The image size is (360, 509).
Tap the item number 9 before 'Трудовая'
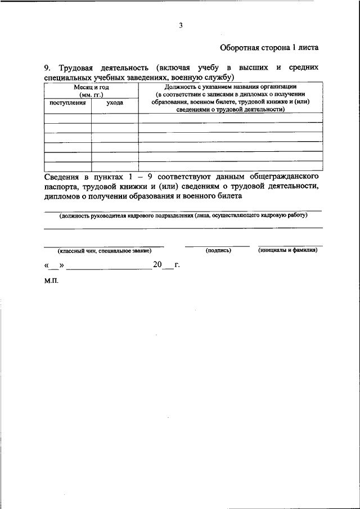[47, 68]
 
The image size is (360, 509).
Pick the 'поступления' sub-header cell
[67, 103]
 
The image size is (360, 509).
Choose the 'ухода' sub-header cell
[115, 103]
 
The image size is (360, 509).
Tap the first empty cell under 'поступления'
[67, 118]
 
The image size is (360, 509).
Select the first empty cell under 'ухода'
[115, 118]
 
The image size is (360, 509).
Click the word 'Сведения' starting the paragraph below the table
[63, 177]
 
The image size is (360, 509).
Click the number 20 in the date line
[156, 264]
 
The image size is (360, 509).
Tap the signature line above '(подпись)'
[218, 246]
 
